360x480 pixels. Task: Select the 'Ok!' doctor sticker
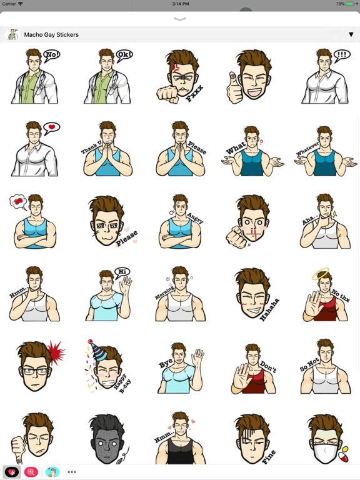tap(107, 77)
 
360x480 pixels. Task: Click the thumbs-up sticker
tap(252, 77)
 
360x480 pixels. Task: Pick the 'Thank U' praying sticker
tap(107, 149)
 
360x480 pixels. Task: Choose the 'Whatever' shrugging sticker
tap(324, 149)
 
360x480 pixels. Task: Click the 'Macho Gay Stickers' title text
tap(51, 35)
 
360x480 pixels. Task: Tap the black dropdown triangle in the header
tap(351, 35)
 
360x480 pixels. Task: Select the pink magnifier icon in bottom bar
tap(31, 472)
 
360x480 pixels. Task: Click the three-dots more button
tap(72, 472)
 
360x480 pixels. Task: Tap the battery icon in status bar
tap(351, 4)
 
